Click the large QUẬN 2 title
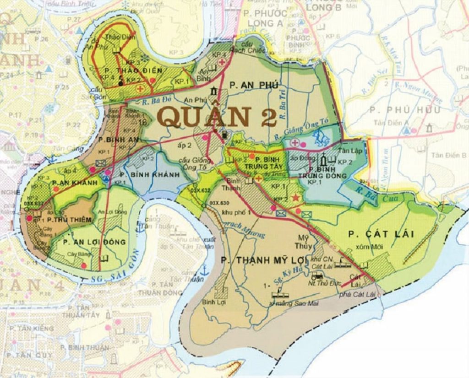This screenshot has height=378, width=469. point(218,117)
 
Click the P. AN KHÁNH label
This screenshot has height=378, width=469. point(75,183)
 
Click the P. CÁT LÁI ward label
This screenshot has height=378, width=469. point(381,234)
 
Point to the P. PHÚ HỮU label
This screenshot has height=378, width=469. point(405,110)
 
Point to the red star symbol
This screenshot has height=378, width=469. point(296,198)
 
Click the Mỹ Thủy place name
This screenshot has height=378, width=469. point(305,242)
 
